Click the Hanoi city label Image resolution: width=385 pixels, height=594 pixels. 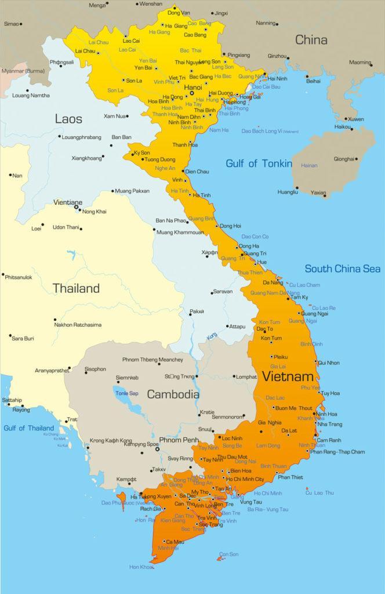click(192, 87)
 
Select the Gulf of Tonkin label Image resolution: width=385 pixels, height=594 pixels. click(259, 164)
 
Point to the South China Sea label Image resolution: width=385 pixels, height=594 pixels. click(343, 269)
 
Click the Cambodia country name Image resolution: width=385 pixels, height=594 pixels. click(173, 394)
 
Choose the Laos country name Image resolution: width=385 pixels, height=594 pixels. click(68, 119)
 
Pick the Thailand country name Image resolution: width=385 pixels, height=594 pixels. click(76, 288)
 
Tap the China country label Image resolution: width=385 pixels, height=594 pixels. click(311, 40)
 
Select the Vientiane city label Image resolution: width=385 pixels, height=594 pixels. click(68, 202)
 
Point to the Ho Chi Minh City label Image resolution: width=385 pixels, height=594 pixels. click(246, 479)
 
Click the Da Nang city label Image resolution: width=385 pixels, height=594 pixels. click(273, 282)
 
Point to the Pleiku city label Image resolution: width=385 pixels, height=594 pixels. click(281, 357)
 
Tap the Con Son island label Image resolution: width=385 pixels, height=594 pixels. click(230, 554)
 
